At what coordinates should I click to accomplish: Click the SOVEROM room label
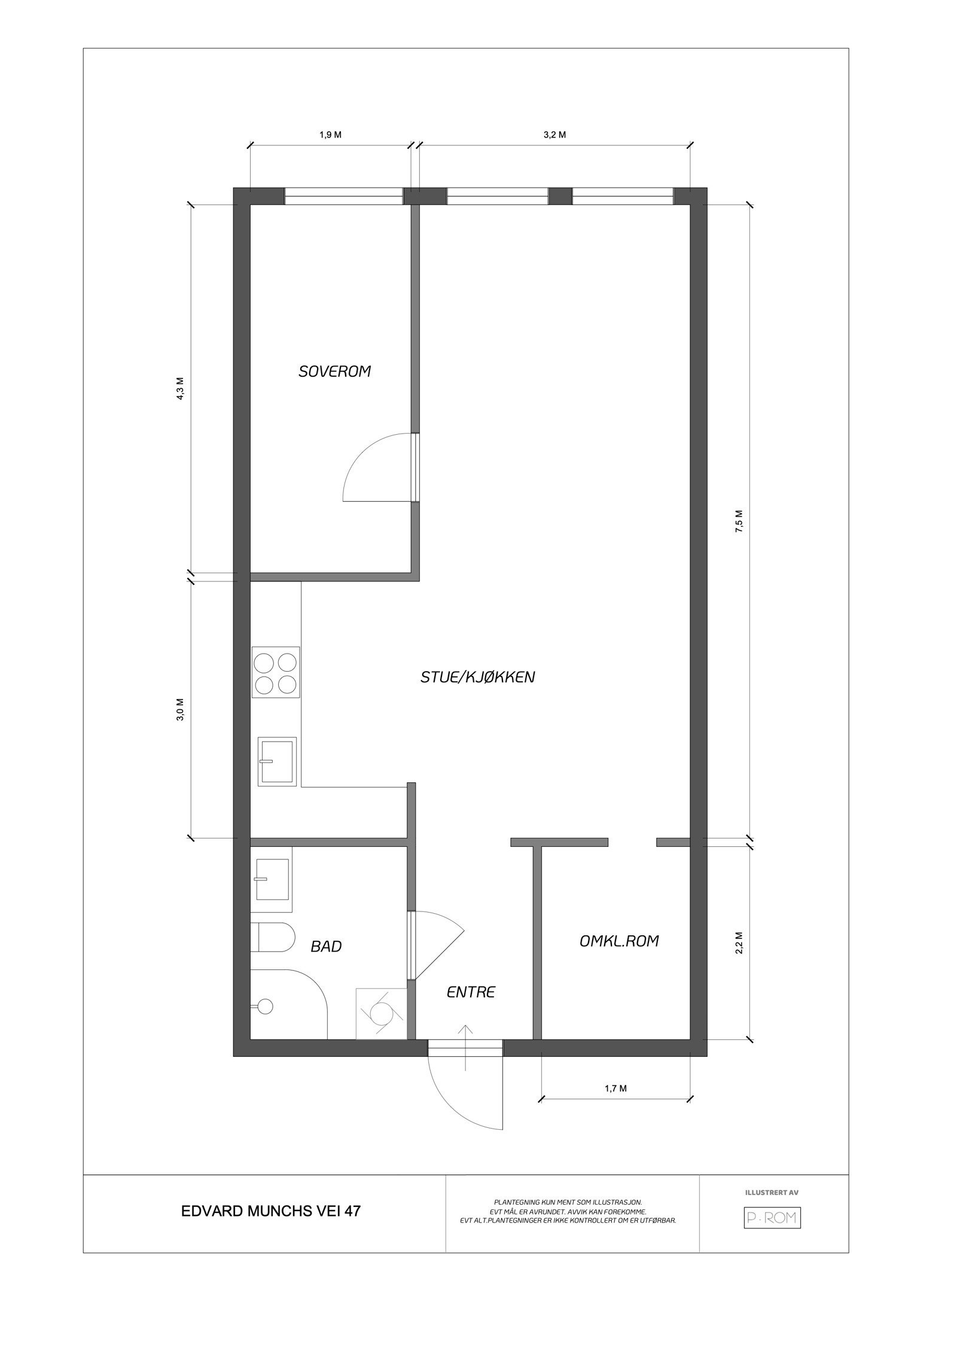[334, 371]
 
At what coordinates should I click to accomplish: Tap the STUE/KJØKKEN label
[477, 677]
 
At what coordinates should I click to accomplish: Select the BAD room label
[326, 946]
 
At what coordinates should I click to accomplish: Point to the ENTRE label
[471, 992]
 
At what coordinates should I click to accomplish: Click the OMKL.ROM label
[619, 941]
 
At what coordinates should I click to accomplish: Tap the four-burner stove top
[275, 672]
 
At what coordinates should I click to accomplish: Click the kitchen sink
[277, 761]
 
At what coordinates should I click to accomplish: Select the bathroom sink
[273, 879]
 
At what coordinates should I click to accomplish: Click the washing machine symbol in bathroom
[381, 1013]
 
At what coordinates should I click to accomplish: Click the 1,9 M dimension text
[330, 135]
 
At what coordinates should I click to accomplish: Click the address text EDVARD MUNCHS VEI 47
[270, 1211]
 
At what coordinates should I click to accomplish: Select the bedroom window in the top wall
[343, 197]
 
